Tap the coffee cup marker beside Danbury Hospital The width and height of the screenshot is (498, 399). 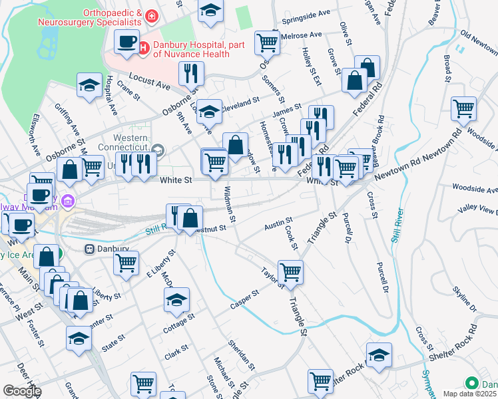pos(125,43)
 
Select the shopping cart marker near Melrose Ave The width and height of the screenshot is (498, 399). pos(267,43)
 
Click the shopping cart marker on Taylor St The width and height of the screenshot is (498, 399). pos(290,271)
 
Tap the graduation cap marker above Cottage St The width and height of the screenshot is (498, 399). pos(176,300)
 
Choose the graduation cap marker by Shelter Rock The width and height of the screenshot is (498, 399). pos(379,355)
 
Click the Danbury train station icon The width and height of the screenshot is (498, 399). pos(89,249)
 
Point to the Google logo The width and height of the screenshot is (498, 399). pos(22,391)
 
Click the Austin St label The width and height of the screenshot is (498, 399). pos(278,223)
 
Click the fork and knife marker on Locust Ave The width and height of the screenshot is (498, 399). pos(191,72)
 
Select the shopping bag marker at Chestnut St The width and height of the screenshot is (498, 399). pos(190,217)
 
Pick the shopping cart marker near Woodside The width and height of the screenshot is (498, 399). pos(463,109)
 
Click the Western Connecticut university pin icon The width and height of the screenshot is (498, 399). pos(158,148)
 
